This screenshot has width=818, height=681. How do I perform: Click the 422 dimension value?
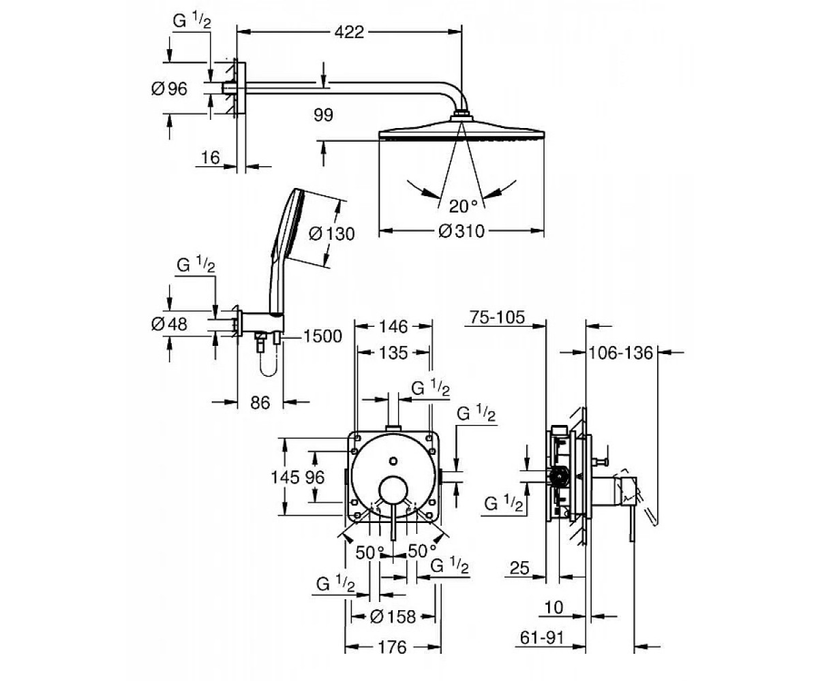pyautogui.click(x=349, y=32)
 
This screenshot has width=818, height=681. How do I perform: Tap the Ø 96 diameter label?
pyautogui.click(x=169, y=89)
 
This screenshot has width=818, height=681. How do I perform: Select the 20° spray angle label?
pyautogui.click(x=464, y=206)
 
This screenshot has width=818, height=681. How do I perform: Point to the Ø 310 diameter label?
pyautogui.click(x=461, y=231)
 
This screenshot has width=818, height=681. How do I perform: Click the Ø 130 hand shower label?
pyautogui.click(x=331, y=234)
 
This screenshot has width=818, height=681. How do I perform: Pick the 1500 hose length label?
pyautogui.click(x=323, y=336)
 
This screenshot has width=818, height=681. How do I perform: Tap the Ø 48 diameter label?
pyautogui.click(x=169, y=324)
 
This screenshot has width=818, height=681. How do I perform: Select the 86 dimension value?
pyautogui.click(x=260, y=402)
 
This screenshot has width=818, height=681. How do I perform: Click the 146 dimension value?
pyautogui.click(x=394, y=326)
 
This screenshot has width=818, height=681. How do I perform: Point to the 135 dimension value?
pyautogui.click(x=394, y=353)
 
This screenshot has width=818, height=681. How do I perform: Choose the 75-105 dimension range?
pyautogui.click(x=497, y=317)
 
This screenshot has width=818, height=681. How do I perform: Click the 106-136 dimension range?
pyautogui.click(x=621, y=353)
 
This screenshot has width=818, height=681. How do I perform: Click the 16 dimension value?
pyautogui.click(x=211, y=158)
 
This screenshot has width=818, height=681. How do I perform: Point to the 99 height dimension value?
pyautogui.click(x=323, y=115)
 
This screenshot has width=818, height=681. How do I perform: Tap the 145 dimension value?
pyautogui.click(x=285, y=477)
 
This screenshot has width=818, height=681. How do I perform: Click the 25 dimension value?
pyautogui.click(x=519, y=567)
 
